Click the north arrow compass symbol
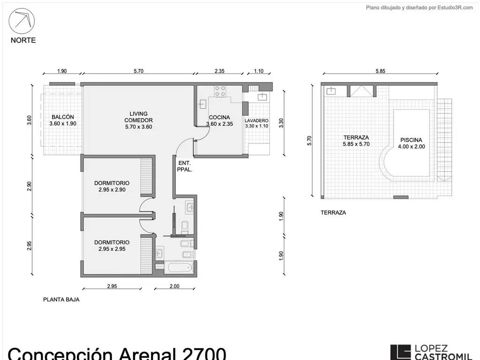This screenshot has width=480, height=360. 22,21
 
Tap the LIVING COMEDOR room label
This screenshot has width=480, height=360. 138,120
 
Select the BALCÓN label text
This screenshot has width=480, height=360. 63,117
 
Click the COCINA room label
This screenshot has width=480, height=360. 219,117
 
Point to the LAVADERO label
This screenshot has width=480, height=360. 256,120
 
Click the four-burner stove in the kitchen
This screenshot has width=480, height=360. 220,91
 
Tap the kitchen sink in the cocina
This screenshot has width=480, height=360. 202,104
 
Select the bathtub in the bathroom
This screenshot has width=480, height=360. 179,267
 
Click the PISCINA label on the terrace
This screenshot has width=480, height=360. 411,140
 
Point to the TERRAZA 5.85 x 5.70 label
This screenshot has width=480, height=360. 356,141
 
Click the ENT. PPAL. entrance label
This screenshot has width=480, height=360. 185,166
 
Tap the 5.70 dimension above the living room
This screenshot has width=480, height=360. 138,71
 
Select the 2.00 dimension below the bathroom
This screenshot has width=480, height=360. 174,286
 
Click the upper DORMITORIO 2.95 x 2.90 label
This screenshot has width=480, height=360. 112,186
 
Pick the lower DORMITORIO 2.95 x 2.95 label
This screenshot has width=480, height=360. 112,246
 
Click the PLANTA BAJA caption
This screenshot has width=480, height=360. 61,300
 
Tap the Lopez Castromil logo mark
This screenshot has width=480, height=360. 400,352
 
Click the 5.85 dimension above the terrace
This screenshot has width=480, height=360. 380,71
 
